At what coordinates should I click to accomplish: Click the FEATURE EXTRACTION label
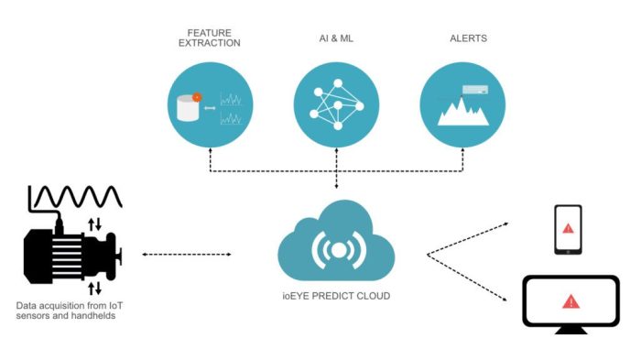point(211,38)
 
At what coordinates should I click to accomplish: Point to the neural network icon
point(336,104)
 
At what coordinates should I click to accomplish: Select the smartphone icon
point(568,229)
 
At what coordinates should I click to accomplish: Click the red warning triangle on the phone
point(568,228)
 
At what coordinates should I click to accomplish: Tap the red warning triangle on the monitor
point(570,300)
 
